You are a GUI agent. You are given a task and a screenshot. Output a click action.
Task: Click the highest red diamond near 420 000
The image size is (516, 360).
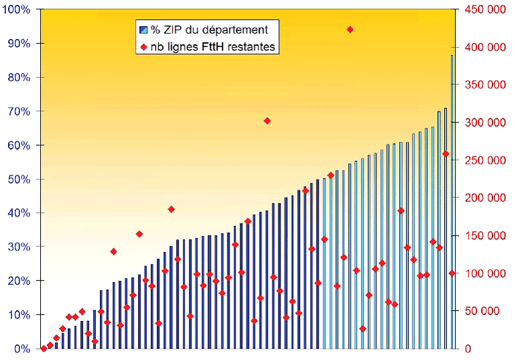(350, 30)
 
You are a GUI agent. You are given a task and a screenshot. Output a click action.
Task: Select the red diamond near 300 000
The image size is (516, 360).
(267, 121)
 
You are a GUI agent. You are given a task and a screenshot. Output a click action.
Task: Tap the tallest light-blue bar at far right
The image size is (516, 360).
(452, 201)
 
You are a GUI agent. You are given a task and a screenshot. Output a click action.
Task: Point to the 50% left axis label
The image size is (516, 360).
(18, 179)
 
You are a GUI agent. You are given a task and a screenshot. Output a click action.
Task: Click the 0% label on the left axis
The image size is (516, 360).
(21, 349)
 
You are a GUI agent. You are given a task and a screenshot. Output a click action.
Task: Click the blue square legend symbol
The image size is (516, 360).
(143, 30)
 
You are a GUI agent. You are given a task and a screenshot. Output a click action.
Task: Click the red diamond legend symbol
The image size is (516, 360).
(143, 47)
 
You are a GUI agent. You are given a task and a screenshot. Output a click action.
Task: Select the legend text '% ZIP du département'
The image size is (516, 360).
(209, 30)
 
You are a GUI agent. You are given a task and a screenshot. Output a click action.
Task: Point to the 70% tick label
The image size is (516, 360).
(18, 111)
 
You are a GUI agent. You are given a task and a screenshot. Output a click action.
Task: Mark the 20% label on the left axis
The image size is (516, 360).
(18, 281)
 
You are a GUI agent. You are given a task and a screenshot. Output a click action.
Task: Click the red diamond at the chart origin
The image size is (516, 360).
(44, 349)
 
